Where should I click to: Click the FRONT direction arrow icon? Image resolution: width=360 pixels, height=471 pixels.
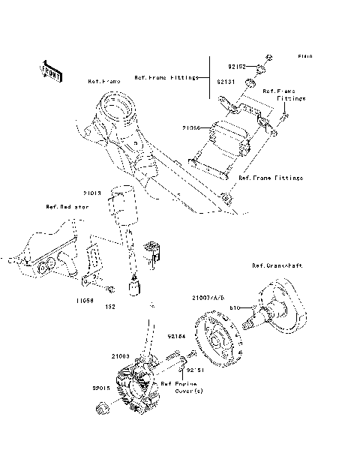click(x=50, y=70)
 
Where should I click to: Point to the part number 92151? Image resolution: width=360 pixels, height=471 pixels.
click(x=196, y=370)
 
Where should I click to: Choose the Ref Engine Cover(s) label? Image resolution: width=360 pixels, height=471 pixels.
click(x=179, y=386)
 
